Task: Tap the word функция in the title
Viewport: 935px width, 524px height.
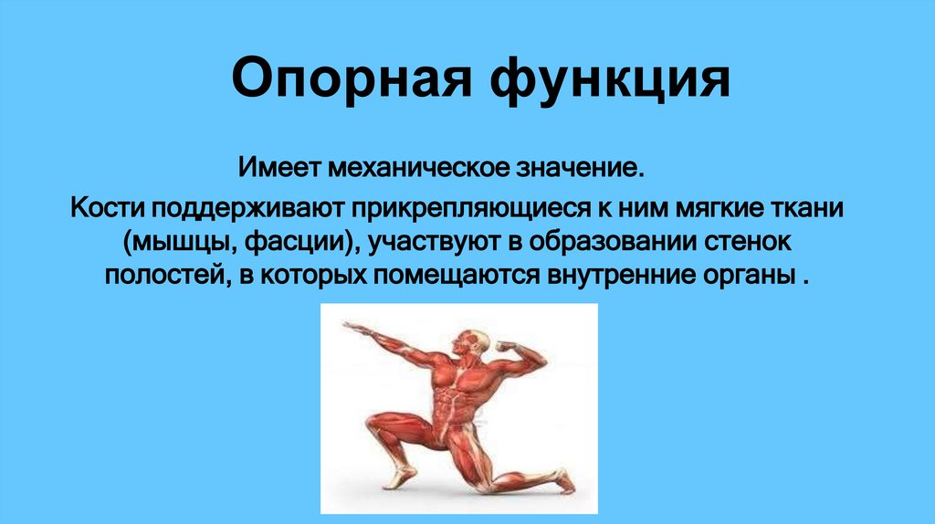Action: [x=611, y=79]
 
